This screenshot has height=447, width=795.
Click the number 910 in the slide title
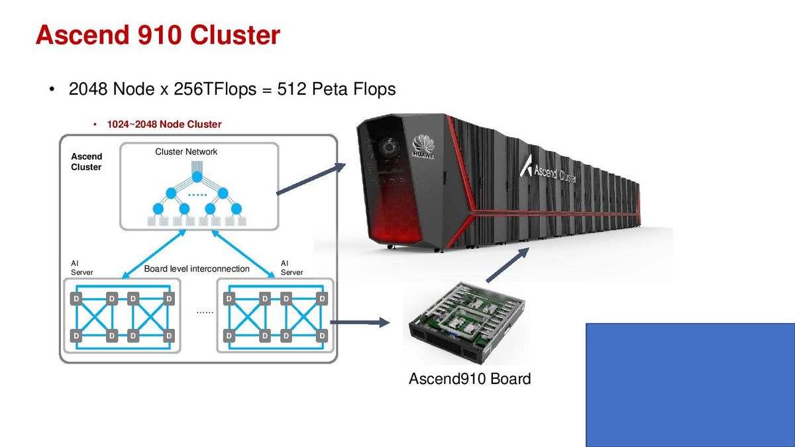160,34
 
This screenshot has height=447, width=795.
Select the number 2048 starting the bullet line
88,89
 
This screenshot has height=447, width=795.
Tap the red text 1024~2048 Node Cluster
164,124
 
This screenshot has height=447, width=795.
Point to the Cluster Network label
186,152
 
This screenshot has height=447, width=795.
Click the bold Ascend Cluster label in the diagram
86,162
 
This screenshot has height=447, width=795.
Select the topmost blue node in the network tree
197,177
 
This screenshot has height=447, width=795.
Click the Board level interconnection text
197,269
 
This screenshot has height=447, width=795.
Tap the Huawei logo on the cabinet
423,146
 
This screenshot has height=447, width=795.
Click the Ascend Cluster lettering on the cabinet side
549,170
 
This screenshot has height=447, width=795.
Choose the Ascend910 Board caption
470,379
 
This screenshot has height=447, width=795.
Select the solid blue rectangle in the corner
690,385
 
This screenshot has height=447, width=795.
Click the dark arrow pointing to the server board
360,323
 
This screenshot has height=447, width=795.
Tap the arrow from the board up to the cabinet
508,265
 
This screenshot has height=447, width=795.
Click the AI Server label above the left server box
81,268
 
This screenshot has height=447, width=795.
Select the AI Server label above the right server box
291,268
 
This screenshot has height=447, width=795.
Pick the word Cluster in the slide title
235,34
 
